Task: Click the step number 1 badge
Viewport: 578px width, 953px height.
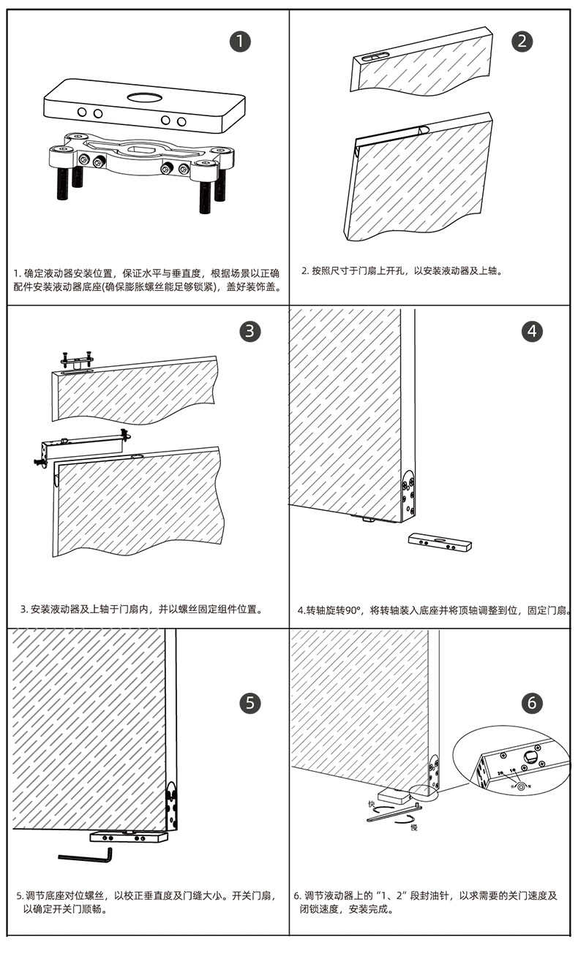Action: (x=239, y=41)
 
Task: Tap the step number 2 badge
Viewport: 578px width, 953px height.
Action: (x=521, y=41)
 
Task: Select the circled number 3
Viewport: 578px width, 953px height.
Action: (x=249, y=331)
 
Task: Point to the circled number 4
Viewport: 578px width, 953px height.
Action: (x=532, y=331)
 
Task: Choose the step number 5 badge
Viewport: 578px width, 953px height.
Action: (x=249, y=703)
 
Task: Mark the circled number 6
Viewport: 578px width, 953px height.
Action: (x=532, y=703)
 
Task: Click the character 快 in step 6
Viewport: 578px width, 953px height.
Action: (x=372, y=805)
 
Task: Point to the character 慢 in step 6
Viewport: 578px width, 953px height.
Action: (x=414, y=827)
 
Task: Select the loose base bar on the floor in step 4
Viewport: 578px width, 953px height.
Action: (x=440, y=542)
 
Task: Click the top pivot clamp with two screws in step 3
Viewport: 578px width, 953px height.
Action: (x=76, y=360)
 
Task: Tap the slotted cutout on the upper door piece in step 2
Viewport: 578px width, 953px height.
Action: (x=373, y=57)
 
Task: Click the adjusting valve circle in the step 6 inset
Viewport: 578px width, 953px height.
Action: (x=520, y=786)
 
